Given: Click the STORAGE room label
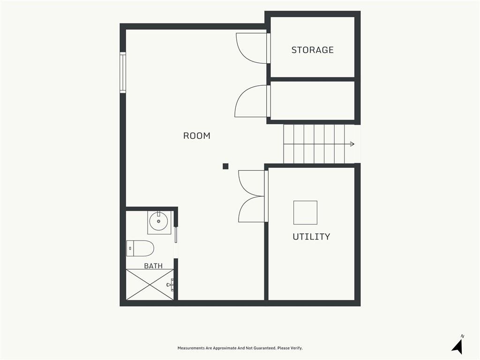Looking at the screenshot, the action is point(312,50).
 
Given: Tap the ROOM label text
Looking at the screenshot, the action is point(196,135).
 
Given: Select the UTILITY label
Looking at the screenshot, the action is point(311,237).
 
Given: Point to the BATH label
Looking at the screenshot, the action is point(153,266).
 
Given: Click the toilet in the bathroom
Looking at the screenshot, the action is point(140,248).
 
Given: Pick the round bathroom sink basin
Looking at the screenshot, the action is point(158,221).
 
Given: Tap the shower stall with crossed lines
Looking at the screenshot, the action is point(150,285).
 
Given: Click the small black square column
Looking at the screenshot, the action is point(225,166).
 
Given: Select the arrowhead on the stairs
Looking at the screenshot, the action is point(352,144).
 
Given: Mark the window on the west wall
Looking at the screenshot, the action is point(123,73).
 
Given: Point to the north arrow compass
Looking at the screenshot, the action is point(458,346).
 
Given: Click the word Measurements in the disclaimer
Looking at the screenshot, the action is point(191,348).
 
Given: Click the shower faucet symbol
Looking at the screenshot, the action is point(170,285).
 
